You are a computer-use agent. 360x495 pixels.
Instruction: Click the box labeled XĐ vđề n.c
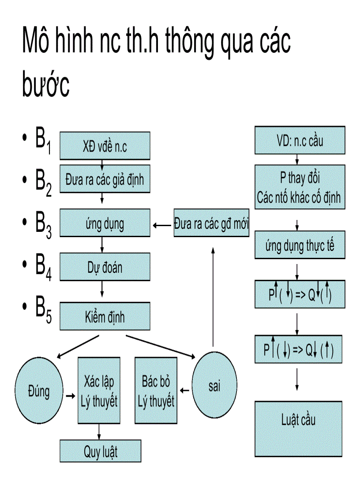point(105,145)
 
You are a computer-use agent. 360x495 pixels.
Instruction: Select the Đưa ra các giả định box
point(105,179)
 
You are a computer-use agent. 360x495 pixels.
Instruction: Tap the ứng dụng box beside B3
point(105,224)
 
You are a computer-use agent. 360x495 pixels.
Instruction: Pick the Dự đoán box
point(105,267)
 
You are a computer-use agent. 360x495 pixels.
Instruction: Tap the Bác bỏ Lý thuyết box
point(156,390)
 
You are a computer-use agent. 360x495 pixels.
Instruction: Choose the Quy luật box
point(101,451)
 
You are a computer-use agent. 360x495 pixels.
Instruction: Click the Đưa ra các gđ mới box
point(212,223)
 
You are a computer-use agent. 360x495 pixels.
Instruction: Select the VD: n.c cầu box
point(300,141)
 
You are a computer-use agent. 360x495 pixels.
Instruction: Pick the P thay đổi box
point(300,187)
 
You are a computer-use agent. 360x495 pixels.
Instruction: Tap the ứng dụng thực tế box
point(300,246)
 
